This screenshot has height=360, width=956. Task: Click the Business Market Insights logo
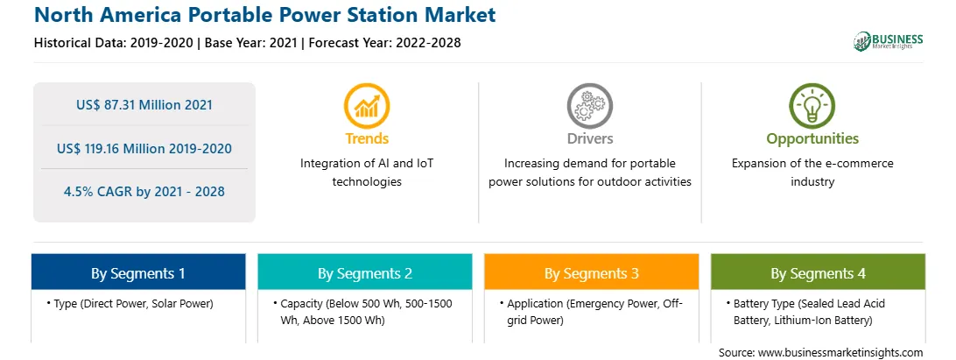coord(889,41)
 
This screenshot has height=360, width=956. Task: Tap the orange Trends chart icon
coord(367,106)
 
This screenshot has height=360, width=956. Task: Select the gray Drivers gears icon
coord(589,106)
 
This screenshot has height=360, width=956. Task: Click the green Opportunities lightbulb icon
coord(812,106)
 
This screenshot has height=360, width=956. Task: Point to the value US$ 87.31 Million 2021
coord(144,104)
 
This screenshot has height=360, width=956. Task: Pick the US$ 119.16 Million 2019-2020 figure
coord(144,148)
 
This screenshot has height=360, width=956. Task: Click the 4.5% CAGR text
coord(144,192)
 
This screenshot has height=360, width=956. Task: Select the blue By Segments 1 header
coord(138,272)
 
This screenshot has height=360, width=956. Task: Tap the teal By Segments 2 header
coord(364,272)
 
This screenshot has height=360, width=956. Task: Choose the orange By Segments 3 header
coord(592,272)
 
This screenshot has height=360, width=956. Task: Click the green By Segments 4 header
coord(819,272)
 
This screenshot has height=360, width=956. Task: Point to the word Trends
coord(367,138)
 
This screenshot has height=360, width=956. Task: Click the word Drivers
coord(589,138)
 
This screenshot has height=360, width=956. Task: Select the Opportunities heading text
coord(812,139)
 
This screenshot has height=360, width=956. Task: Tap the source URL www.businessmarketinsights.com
coord(840,352)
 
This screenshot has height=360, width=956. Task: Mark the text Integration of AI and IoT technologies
coord(367,173)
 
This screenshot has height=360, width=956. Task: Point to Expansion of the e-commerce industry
coord(812,173)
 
